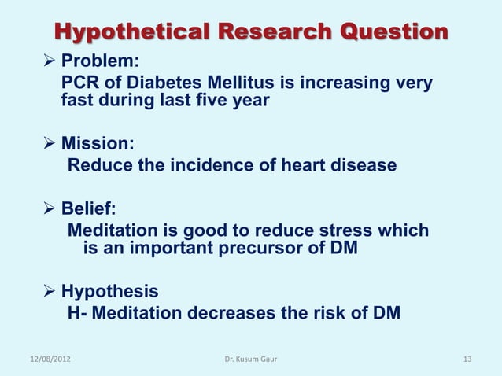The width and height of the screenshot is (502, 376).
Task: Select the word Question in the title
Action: pyautogui.click(x=390, y=33)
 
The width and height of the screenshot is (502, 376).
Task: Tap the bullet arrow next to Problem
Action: pyautogui.click(x=50, y=63)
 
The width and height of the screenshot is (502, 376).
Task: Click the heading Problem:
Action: pyautogui.click(x=97, y=63)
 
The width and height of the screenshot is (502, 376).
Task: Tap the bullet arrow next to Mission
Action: pyautogui.click(x=50, y=145)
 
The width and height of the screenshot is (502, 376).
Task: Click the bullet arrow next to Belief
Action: pyautogui.click(x=50, y=210)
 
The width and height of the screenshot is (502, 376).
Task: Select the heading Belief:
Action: pyautogui.click(x=89, y=210)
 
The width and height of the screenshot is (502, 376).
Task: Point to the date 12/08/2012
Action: pyautogui.click(x=48, y=359)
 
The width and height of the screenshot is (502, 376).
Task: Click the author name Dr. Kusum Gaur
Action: pyautogui.click(x=250, y=359)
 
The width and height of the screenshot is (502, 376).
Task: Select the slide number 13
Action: pyautogui.click(x=467, y=359)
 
